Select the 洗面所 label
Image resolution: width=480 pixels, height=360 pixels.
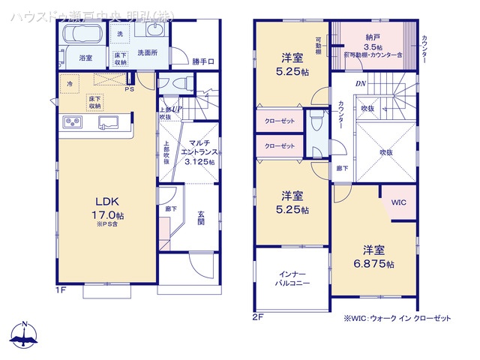tap(146, 53)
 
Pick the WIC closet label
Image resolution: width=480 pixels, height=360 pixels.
tap(398, 202)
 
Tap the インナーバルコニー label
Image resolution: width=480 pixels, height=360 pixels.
tap(292, 279)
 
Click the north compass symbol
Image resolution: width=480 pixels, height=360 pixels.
tap(25, 334)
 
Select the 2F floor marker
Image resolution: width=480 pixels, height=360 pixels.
tap(257, 316)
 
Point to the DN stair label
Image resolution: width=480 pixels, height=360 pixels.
tap(360, 83)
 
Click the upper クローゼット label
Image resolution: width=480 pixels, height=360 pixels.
tap(279, 120)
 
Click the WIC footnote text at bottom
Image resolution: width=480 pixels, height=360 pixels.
tap(397, 319)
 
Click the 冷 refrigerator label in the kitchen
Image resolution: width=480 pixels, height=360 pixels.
tap(70, 84)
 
